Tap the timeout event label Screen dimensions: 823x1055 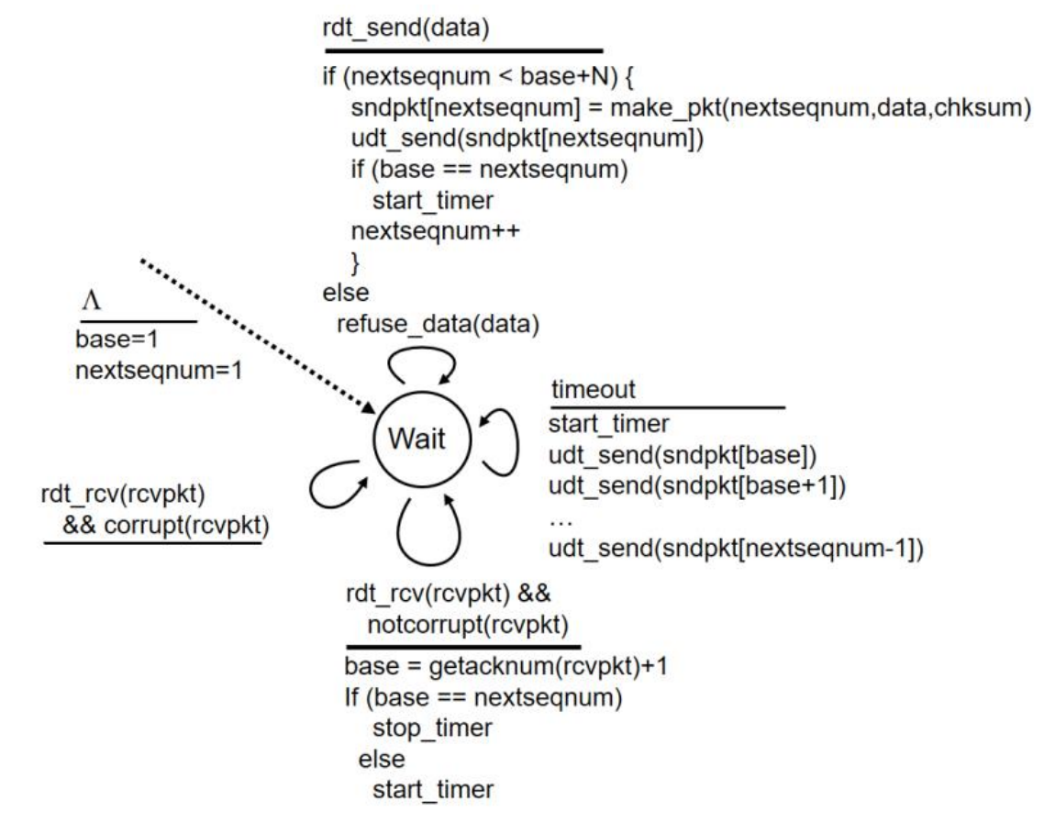pos(592,389)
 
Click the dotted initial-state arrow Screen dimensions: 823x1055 pos(257,335)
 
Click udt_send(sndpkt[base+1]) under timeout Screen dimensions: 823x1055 pos(696,484)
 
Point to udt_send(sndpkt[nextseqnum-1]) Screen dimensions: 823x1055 pos(735,549)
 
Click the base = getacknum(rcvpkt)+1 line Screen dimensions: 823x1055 pos(505,665)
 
